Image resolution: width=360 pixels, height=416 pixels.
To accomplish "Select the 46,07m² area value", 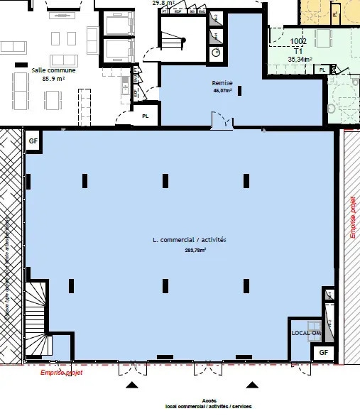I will (x=223, y=91).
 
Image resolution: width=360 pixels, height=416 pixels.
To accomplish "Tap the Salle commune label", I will (x=49, y=71).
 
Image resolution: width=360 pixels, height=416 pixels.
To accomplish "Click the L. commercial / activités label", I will (x=190, y=241).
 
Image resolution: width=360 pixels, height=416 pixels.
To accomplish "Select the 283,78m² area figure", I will (x=190, y=250).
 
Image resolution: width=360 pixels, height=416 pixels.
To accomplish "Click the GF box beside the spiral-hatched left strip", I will (x=33, y=141).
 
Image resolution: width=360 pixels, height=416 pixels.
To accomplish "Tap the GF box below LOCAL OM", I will (x=323, y=352).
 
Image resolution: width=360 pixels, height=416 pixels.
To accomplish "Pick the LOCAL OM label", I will (x=306, y=333).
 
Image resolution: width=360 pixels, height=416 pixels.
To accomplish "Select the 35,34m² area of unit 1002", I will (x=300, y=60).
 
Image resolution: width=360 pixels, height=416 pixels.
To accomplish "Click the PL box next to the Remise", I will (x=146, y=115).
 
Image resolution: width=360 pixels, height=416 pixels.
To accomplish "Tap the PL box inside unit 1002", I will (x=323, y=70).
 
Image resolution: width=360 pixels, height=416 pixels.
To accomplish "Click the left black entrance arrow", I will (x=132, y=385).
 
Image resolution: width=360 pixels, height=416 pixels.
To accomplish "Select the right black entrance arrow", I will (x=251, y=385).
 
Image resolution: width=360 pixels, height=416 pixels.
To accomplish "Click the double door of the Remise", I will (x=219, y=122).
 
